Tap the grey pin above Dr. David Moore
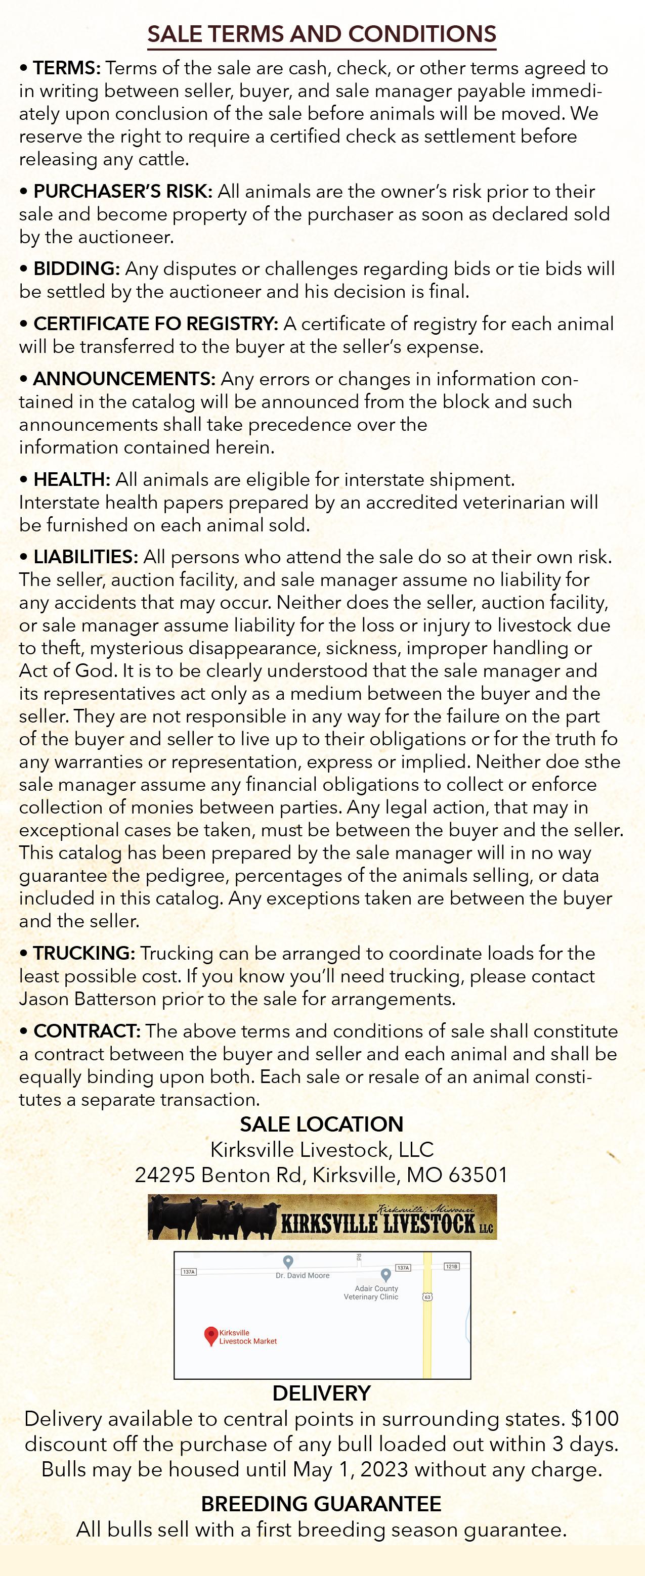288,1262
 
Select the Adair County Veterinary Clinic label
371,1293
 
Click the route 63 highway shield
427,1296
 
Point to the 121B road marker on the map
451,1267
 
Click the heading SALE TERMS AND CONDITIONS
322,34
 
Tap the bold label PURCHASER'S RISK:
122,192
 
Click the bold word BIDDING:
76,268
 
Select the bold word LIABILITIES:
85,557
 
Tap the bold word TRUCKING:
84,953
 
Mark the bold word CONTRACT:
87,1031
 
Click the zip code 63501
478,1175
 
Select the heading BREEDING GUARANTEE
321,1504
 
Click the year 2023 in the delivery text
383,1469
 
